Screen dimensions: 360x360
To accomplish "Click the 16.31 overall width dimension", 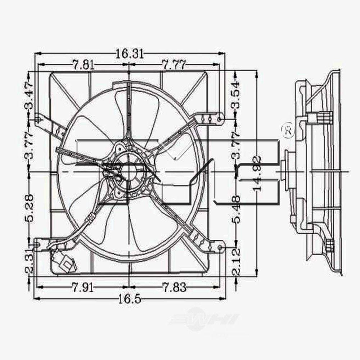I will point(129,54).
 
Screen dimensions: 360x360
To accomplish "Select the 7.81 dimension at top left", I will point(84,65).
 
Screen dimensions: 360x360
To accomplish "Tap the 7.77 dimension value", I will point(174,65).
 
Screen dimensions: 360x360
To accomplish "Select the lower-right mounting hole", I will point(220,248).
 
